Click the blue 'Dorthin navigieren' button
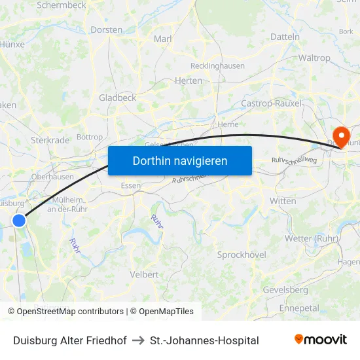[179, 160]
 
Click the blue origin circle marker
[19, 221]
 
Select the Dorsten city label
[107, 30]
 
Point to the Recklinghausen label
[217, 66]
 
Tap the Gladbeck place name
[117, 98]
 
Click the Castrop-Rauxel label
[271, 103]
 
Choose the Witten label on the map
[283, 201]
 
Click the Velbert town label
[144, 274]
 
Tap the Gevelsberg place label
[285, 289]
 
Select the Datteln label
[285, 37]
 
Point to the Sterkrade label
[50, 140]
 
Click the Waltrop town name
[314, 58]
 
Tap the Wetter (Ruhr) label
[311, 238]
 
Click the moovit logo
[320, 340]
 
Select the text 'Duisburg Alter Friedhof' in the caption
[70, 340]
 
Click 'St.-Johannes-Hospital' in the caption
[204, 340]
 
